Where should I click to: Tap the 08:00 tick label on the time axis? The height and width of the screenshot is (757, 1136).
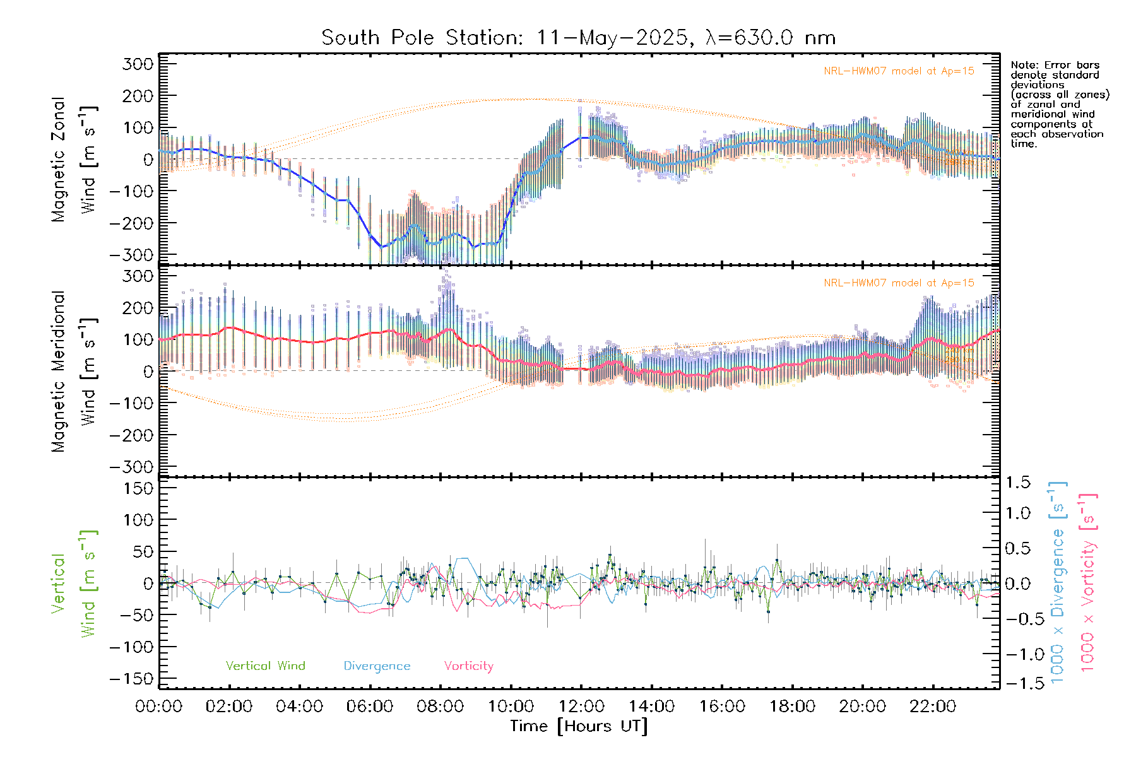(440, 707)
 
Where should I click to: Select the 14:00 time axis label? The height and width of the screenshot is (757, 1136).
(651, 707)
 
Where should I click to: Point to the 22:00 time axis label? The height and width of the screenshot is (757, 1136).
(933, 707)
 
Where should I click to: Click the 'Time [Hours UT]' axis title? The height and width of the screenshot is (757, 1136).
(579, 727)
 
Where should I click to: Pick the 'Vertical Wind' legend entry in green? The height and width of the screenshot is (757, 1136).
(265, 666)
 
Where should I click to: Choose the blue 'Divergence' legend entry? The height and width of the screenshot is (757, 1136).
(377, 666)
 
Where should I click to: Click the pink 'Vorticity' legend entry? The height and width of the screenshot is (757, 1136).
(468, 666)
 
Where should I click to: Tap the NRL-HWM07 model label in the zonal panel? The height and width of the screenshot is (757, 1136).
(899, 71)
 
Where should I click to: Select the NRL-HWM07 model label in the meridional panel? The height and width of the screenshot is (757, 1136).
(899, 283)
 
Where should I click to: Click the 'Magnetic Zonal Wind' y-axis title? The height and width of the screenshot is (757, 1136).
(74, 160)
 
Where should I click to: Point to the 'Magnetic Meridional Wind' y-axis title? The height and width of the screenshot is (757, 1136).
(74, 372)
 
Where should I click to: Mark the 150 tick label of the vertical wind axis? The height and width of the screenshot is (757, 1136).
(139, 489)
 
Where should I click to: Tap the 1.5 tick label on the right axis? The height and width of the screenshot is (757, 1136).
(1017, 483)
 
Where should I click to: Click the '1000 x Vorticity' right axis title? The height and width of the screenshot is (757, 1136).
(1088, 582)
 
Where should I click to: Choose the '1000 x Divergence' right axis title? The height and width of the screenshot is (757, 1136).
(1058, 582)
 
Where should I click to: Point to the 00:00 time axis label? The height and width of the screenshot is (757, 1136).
(158, 707)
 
